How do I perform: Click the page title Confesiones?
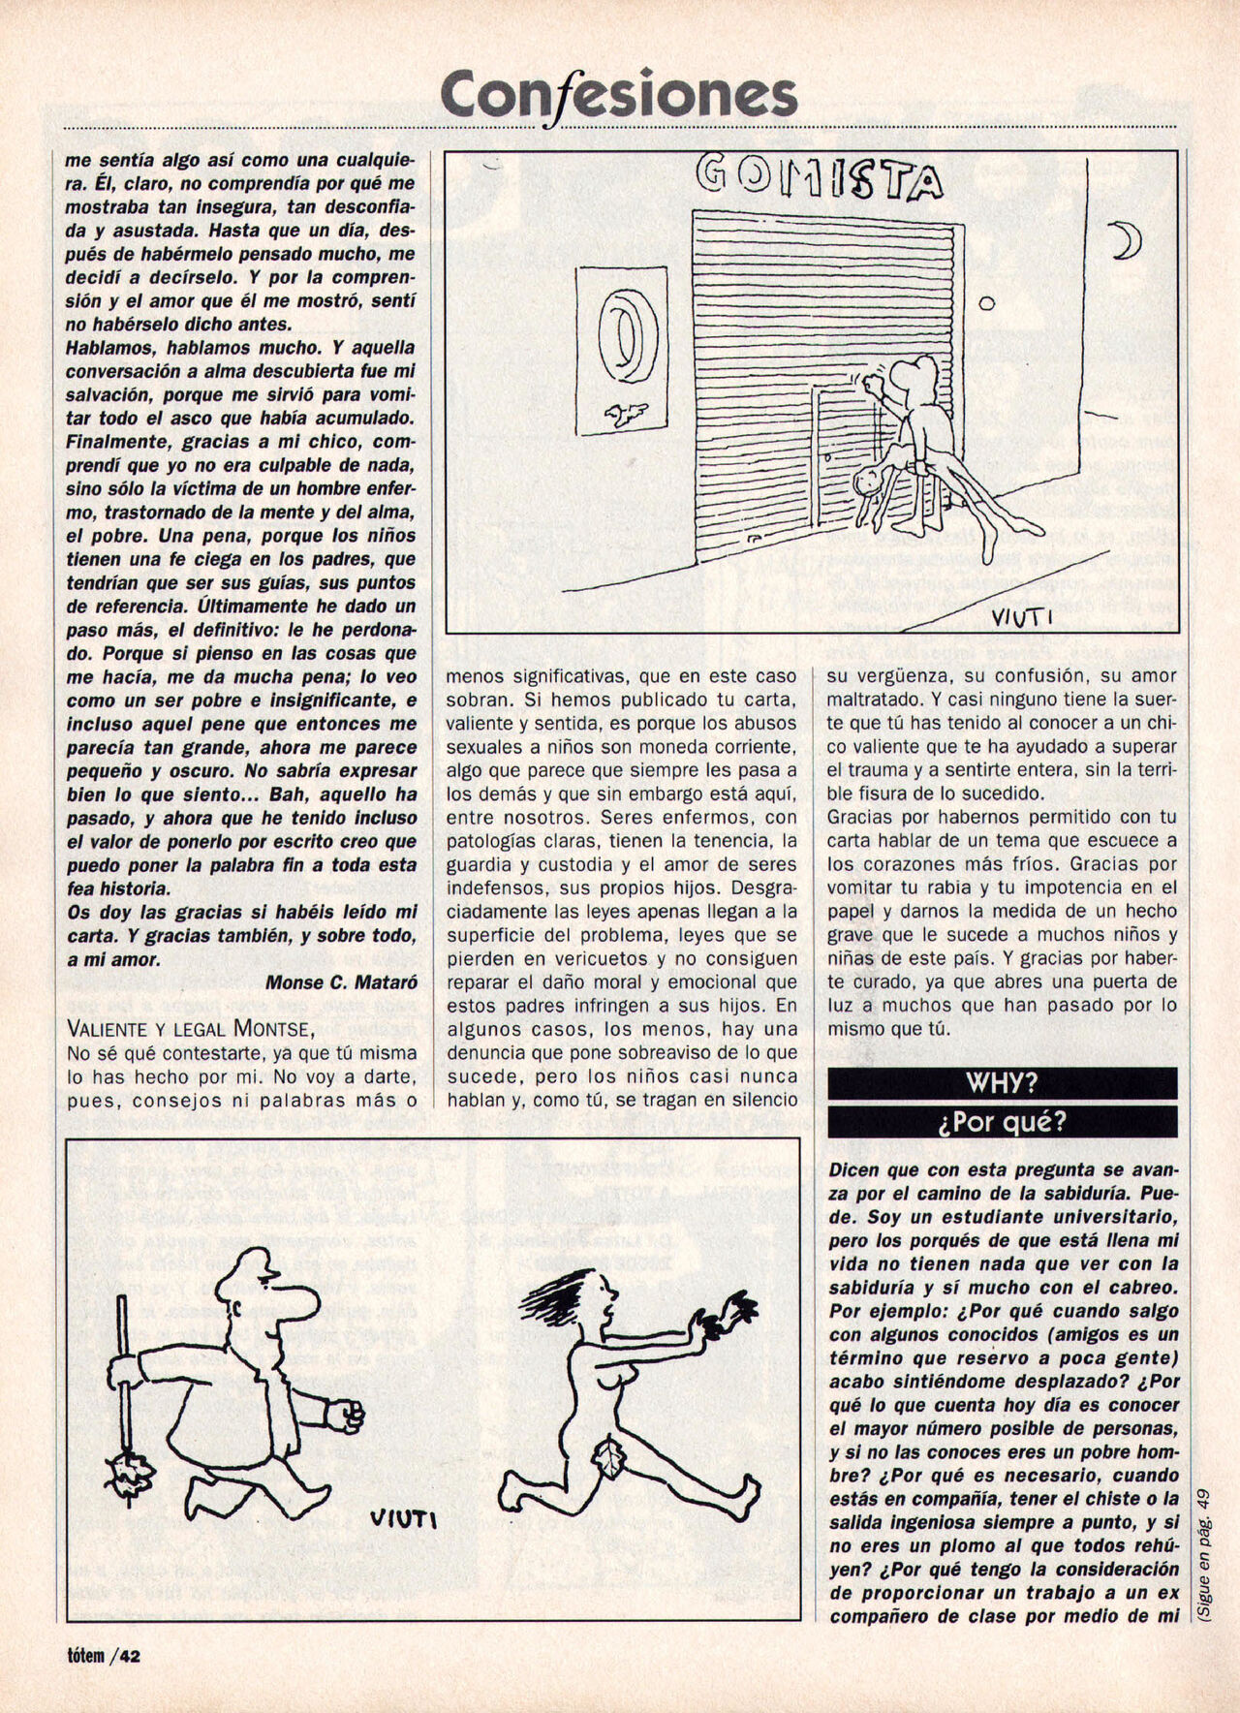point(619,95)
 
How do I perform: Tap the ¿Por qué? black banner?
point(1002,1121)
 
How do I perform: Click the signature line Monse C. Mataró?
point(341,981)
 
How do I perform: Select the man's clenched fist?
point(347,1417)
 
